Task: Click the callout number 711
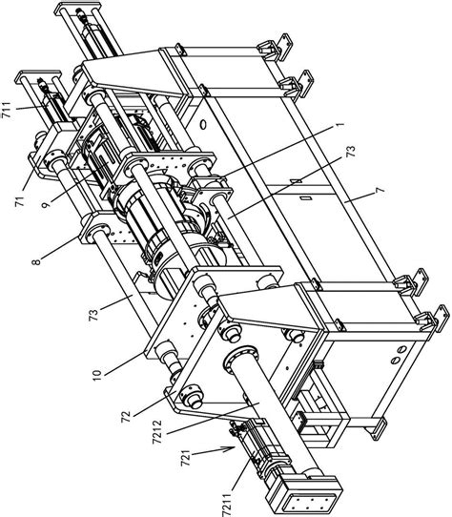[x=7, y=110]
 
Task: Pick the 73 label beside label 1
[x=352, y=151]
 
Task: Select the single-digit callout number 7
[x=380, y=190]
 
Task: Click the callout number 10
[x=97, y=375]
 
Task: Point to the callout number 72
[x=126, y=416]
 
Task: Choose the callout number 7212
[x=158, y=432]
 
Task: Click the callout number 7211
[x=227, y=504]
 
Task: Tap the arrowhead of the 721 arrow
[x=231, y=448]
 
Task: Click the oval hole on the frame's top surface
[x=203, y=125]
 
